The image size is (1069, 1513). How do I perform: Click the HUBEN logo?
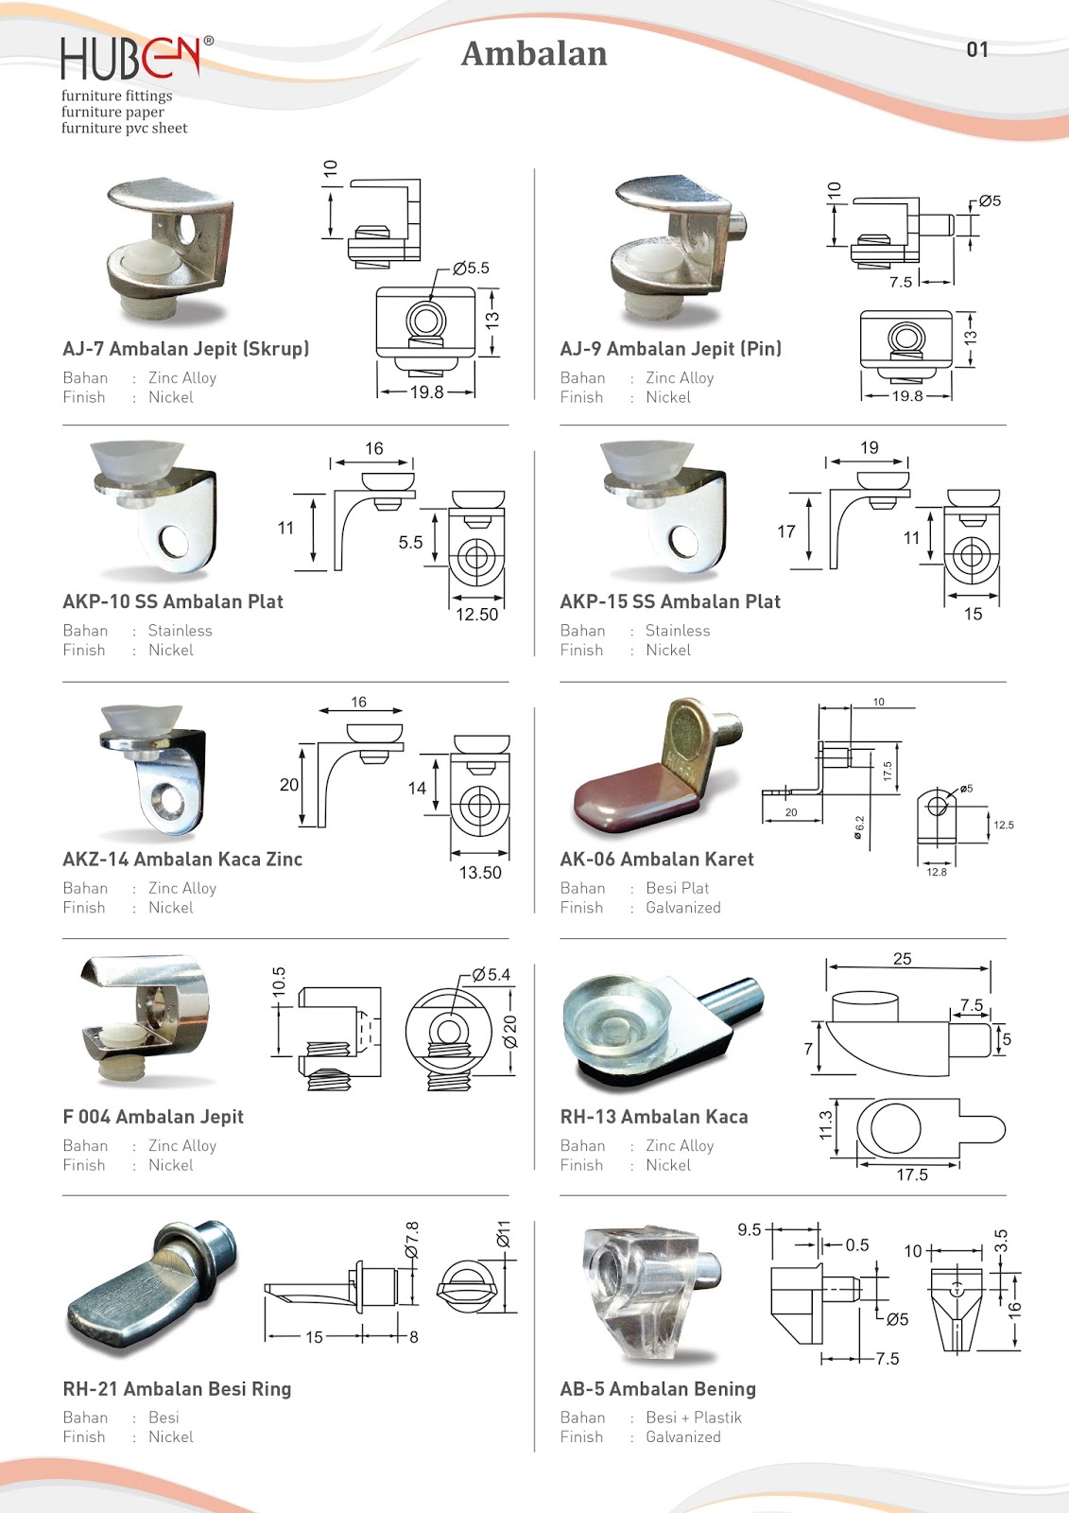130,59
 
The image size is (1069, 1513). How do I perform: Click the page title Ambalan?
534,54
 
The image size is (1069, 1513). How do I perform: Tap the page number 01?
977,49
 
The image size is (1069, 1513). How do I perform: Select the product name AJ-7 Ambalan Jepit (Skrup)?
186,348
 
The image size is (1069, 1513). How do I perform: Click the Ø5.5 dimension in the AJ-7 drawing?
471,268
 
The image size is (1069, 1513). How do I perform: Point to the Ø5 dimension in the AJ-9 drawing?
990,200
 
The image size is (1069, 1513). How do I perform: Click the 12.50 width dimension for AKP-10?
476,614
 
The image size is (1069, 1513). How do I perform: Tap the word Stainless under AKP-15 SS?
677,631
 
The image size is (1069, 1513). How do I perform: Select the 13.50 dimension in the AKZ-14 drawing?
480,872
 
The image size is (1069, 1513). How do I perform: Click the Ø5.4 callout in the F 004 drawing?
491,974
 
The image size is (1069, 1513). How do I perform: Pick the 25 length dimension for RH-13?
903,959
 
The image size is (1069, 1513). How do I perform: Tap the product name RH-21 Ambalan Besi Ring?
177,1388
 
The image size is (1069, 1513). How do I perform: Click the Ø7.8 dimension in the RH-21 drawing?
412,1240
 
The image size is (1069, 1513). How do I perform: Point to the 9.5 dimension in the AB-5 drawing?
749,1229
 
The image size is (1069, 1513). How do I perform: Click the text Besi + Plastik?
693,1417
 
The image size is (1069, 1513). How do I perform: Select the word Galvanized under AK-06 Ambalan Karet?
682,908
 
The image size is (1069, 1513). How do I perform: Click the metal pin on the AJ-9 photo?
737,226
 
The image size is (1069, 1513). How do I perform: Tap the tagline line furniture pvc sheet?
125,129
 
